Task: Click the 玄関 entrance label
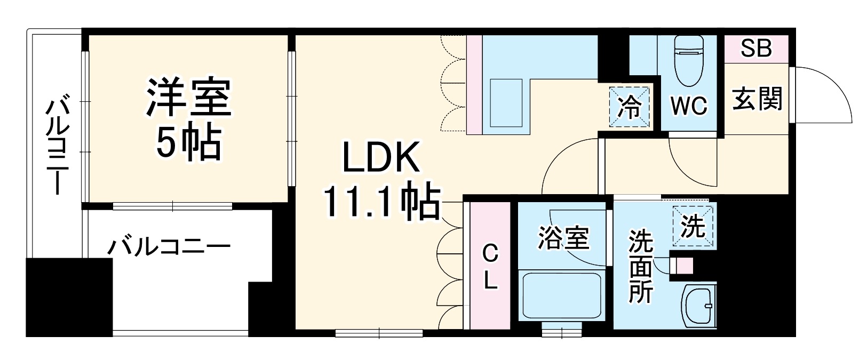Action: click(x=757, y=99)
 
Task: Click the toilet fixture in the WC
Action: click(x=689, y=61)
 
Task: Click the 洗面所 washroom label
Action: click(x=640, y=267)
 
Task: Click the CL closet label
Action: click(x=490, y=267)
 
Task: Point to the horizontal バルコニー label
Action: click(x=169, y=247)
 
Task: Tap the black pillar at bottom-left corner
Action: click(x=69, y=297)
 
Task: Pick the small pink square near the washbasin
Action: click(x=683, y=265)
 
